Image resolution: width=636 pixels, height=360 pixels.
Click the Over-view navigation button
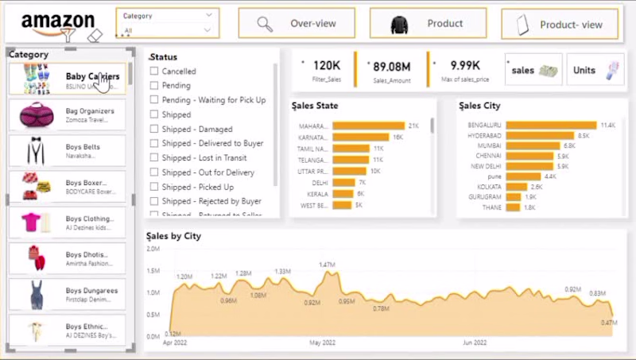click(x=296, y=24)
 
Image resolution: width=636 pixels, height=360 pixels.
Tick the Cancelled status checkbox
click(x=154, y=72)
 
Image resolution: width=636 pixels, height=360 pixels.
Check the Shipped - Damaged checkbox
click(x=154, y=130)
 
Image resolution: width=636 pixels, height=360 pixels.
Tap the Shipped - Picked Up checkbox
click(x=154, y=187)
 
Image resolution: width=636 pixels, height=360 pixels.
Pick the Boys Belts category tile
click(x=68, y=151)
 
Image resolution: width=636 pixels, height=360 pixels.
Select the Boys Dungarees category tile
click(x=68, y=295)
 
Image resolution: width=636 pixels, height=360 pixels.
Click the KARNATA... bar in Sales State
click(x=361, y=137)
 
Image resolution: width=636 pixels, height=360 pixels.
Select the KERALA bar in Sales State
click(x=343, y=194)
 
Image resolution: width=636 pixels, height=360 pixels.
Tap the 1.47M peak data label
click(x=328, y=265)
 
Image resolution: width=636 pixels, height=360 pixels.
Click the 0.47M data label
click(x=609, y=323)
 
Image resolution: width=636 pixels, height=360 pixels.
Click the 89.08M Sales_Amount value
click(x=391, y=67)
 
